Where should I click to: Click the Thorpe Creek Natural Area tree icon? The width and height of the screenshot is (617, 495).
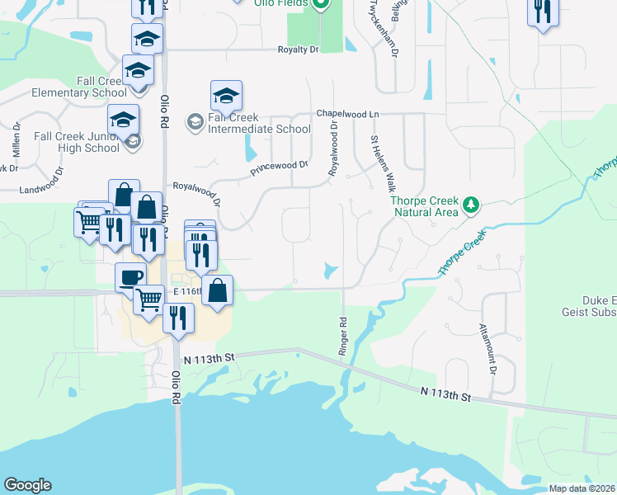470,205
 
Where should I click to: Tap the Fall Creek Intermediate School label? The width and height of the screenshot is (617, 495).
259,123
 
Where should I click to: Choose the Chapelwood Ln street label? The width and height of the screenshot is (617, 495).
348,114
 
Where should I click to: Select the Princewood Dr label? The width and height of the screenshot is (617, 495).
280,169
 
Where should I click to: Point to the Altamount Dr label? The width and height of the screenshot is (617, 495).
487,347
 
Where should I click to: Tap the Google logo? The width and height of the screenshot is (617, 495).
27,485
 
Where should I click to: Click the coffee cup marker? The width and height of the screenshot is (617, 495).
130,277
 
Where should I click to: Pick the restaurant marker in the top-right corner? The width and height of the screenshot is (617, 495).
542,12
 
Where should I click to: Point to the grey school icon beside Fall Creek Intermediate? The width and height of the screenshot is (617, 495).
195,123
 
